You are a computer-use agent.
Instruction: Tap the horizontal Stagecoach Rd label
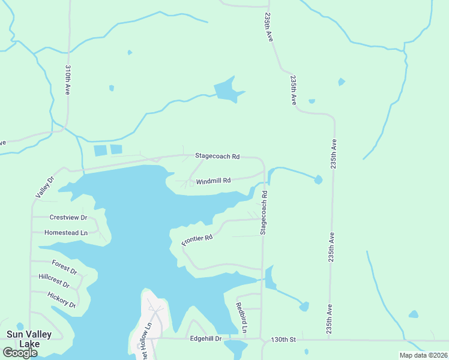(217, 156)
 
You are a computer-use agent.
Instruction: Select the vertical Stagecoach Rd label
(264, 213)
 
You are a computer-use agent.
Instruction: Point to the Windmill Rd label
(213, 181)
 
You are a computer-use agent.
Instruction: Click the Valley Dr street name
(44, 187)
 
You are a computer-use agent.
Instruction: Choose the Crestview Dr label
(68, 217)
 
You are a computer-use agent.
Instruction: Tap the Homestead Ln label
(66, 232)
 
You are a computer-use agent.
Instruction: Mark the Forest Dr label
(64, 266)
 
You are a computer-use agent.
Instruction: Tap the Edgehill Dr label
(206, 339)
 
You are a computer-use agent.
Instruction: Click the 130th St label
(283, 339)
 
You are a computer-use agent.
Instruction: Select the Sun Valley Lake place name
(29, 339)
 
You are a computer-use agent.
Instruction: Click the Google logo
(20, 353)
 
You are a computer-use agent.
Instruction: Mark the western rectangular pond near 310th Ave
(100, 151)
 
